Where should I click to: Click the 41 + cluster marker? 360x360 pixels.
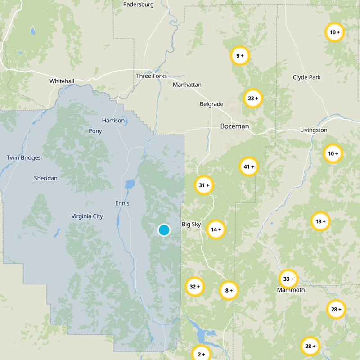249,166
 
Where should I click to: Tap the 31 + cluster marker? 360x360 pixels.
204,185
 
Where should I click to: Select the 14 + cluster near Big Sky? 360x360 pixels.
216,229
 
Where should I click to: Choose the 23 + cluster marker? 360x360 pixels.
253,98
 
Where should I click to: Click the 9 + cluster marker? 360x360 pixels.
240,56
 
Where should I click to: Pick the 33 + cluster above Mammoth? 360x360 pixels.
288,279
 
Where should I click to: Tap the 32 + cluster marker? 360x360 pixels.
194,287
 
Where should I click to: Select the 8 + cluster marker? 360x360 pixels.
229,290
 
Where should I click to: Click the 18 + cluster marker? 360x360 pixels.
320,221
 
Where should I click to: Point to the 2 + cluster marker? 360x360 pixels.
201,354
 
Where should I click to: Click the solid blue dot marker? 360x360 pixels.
164,230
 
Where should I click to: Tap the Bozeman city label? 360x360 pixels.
234,126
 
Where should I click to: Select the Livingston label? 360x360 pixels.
314,130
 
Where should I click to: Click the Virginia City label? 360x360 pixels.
87,216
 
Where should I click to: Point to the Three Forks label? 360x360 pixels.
151,76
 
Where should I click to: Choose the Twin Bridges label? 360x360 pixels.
24,158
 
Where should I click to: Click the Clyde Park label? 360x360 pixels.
307,77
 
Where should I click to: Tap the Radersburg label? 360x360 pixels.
138,4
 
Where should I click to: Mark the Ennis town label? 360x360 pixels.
122,203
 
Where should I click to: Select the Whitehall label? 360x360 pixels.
62,81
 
